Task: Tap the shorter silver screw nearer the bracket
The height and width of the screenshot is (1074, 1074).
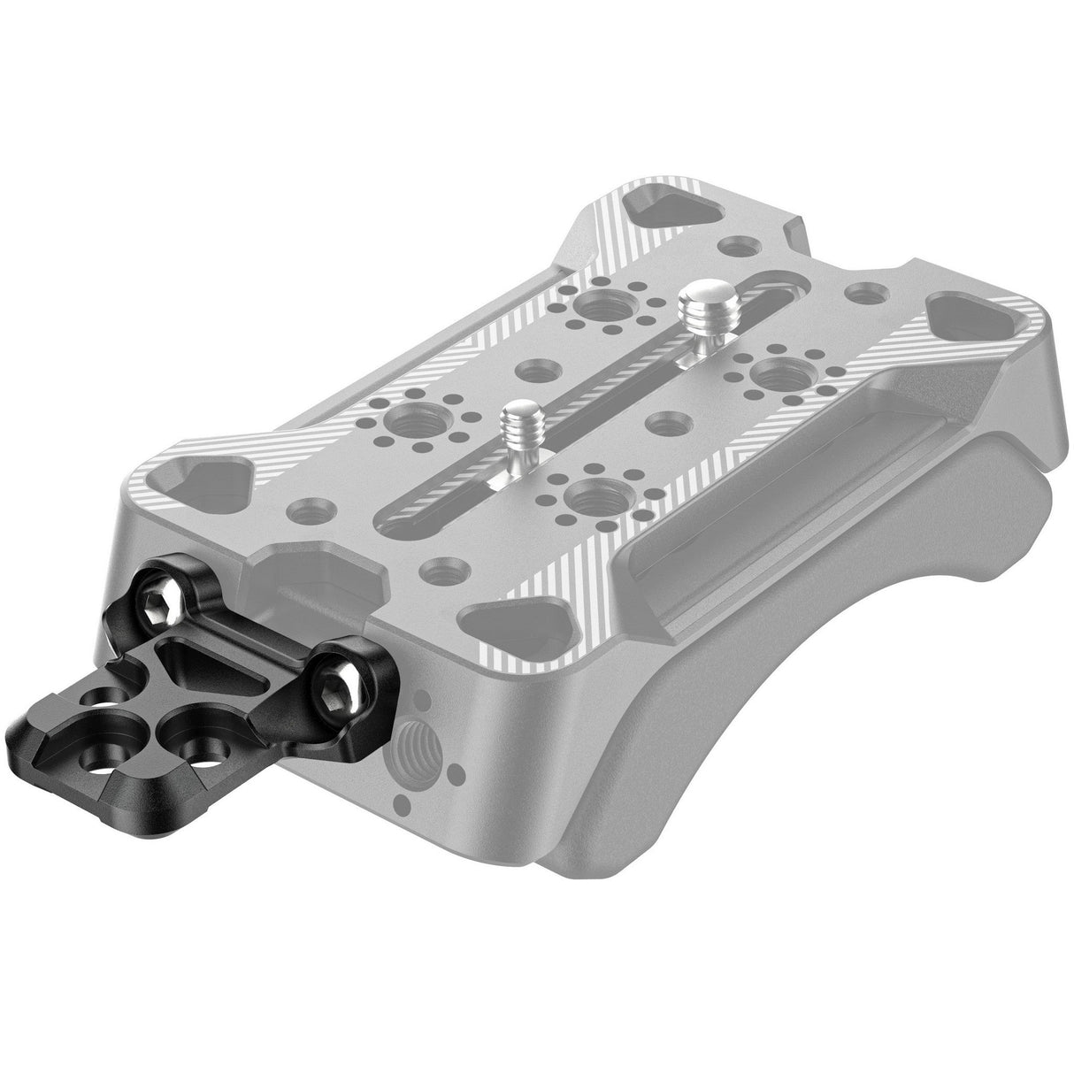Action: pos(515,423)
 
